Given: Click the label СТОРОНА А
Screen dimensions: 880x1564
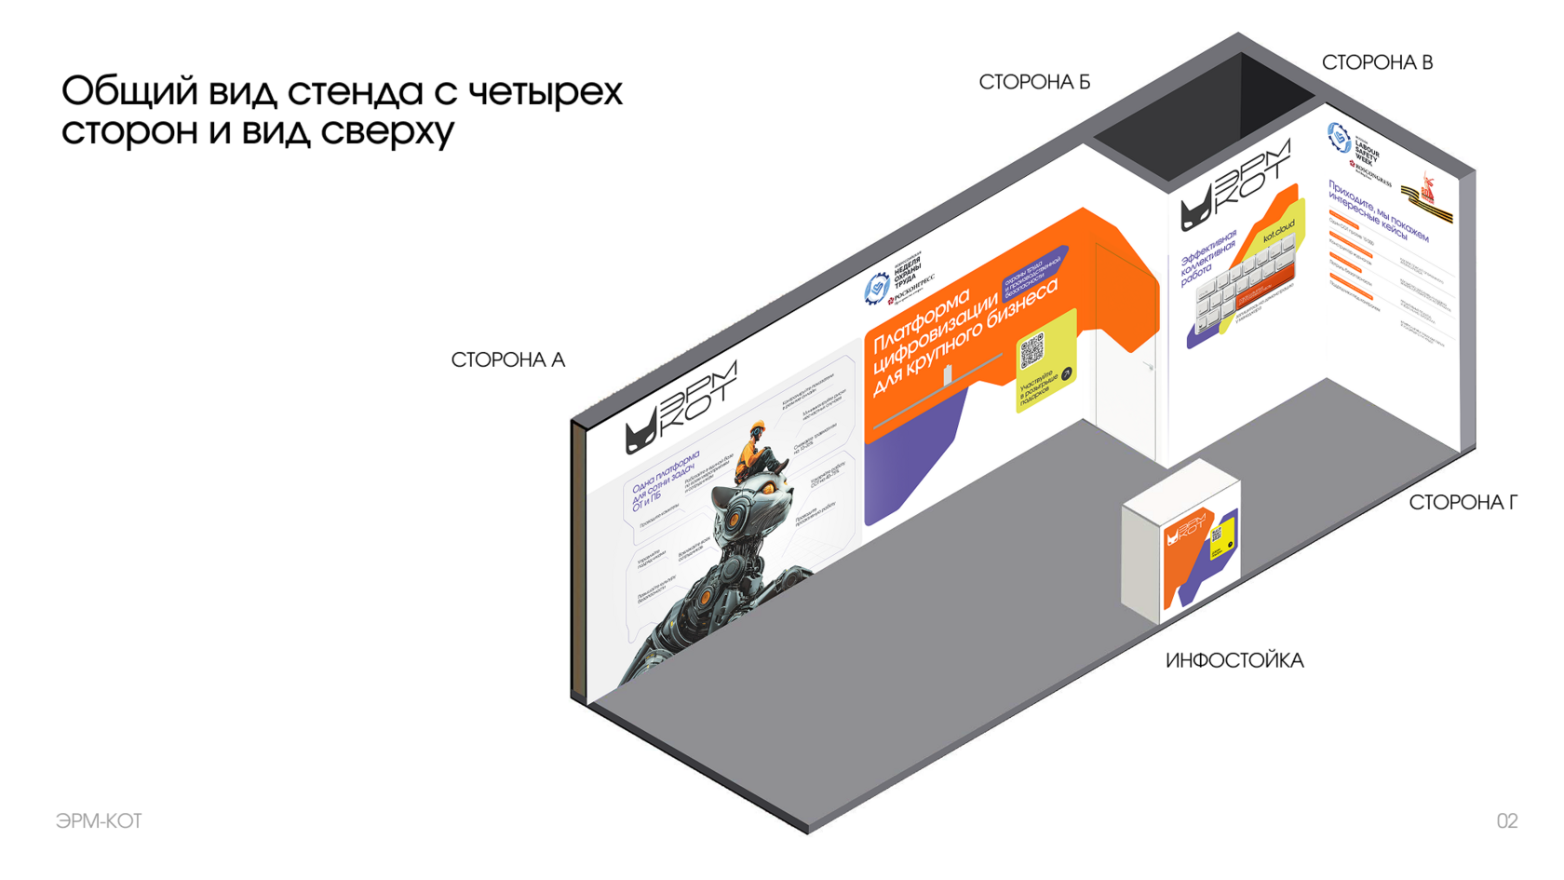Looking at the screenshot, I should point(507,360).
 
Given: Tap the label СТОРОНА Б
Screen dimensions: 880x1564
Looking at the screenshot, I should point(1033,83).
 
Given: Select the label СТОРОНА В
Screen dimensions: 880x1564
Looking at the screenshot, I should point(1376,63).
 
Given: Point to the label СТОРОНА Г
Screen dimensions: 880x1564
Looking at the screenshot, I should point(1462,503).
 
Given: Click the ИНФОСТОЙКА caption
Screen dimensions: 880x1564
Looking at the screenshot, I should point(1234,661).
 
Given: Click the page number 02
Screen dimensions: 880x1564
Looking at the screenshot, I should point(1506,820).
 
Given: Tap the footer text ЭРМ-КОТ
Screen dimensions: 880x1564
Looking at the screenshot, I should point(99,820).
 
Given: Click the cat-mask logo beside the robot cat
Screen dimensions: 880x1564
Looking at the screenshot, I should point(640,435).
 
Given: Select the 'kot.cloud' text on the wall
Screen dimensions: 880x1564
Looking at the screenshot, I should point(1278,232).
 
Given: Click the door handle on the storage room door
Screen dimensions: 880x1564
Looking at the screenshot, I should point(1151,367).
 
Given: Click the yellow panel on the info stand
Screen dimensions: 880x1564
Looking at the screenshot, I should point(1221,538).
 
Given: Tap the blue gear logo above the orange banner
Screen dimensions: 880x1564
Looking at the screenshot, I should point(875,289).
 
